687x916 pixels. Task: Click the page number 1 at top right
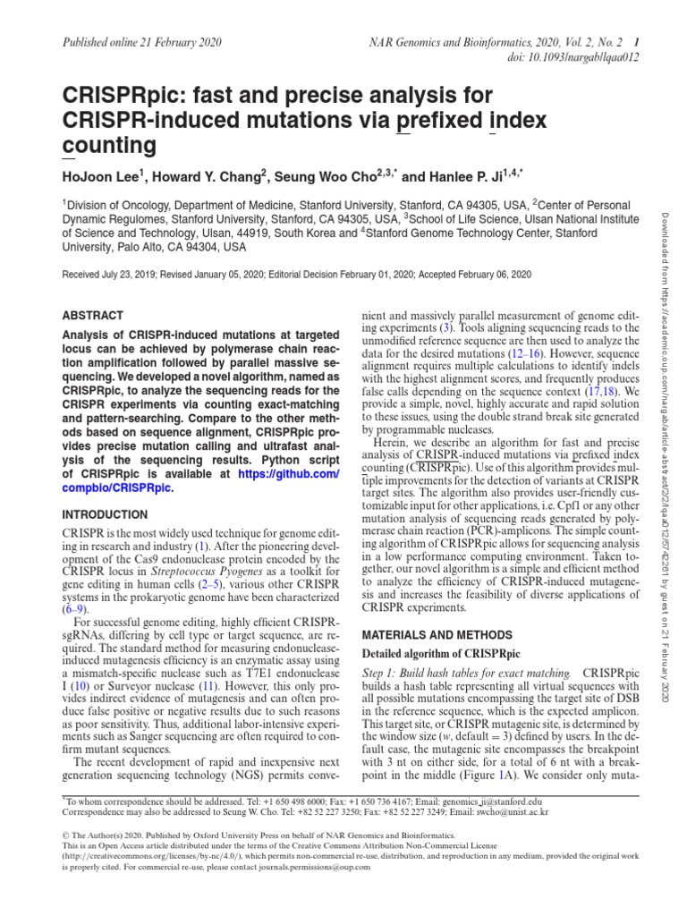coord(635,42)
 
